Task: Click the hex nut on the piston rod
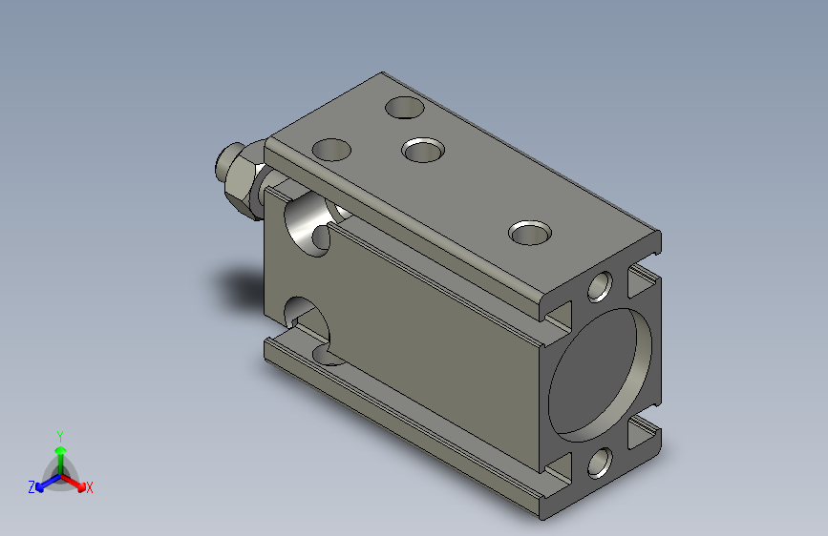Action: (242, 182)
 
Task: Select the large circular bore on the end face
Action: (601, 375)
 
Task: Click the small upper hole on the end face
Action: (600, 286)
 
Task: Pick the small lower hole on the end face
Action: (600, 463)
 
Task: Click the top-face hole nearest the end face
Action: (530, 233)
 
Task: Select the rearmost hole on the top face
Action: (405, 107)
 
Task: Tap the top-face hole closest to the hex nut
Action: (331, 150)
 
